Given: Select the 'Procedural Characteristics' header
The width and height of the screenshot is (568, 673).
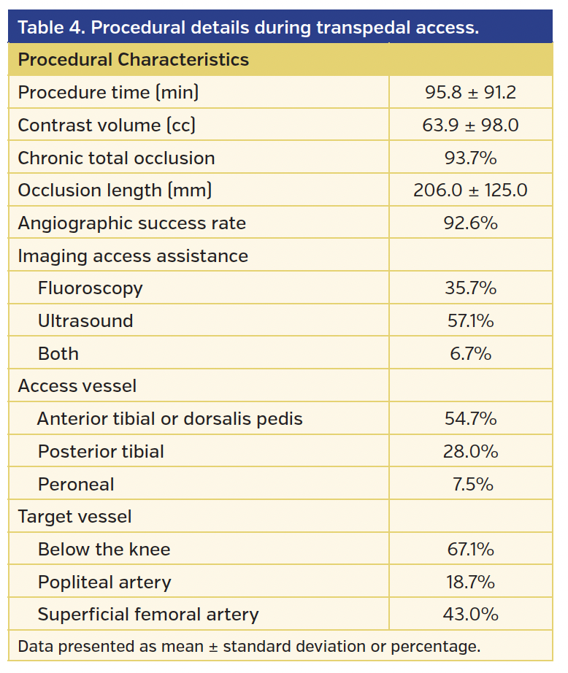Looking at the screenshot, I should tap(133, 60).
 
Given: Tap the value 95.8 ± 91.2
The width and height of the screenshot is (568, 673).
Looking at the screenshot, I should tap(470, 93).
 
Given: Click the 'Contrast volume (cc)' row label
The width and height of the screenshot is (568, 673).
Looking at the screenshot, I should tap(107, 126).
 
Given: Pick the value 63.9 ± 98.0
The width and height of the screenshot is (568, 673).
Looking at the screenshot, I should tap(470, 126).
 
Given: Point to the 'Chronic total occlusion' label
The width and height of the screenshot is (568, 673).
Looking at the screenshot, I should tap(116, 158).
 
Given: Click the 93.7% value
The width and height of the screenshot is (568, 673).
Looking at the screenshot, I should tap(470, 158).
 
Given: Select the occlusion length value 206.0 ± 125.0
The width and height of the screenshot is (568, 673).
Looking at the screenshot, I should tap(470, 191).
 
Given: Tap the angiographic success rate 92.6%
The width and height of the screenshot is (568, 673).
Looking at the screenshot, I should tap(470, 223).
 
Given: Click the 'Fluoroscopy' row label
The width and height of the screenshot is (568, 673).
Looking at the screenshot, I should tap(90, 288).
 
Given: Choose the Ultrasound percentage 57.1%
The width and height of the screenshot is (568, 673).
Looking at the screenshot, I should tap(470, 321).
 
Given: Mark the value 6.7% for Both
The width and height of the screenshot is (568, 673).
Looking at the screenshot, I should tap(470, 354).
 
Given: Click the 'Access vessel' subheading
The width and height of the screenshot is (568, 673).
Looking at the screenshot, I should tap(77, 386).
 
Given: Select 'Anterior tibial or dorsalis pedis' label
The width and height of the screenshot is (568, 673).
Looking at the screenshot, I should tap(169, 419).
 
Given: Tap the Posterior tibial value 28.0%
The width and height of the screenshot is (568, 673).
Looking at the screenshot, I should tap(470, 452).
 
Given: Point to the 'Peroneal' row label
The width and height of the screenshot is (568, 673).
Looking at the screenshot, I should tap(76, 485).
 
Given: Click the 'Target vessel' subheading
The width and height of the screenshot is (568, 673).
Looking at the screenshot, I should tap(74, 517).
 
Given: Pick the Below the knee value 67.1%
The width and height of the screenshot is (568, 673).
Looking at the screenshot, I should tap(470, 550).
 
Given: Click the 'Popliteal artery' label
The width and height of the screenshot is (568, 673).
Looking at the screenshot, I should tap(104, 582).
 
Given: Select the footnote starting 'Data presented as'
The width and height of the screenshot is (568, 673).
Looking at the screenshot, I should tap(248, 647).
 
